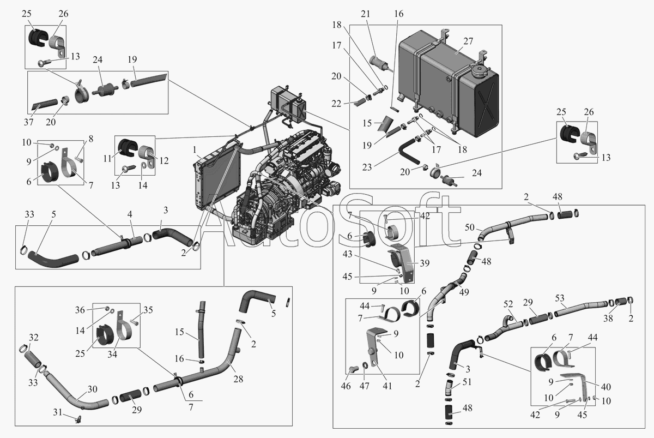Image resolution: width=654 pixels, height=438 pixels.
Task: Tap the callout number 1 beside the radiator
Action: coord(193,149)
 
